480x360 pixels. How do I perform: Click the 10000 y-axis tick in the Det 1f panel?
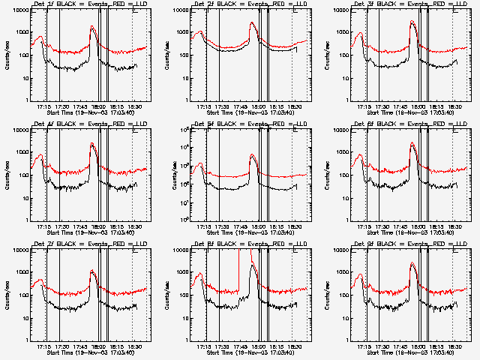pos(19,10)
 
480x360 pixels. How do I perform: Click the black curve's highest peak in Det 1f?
pos(91,28)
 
